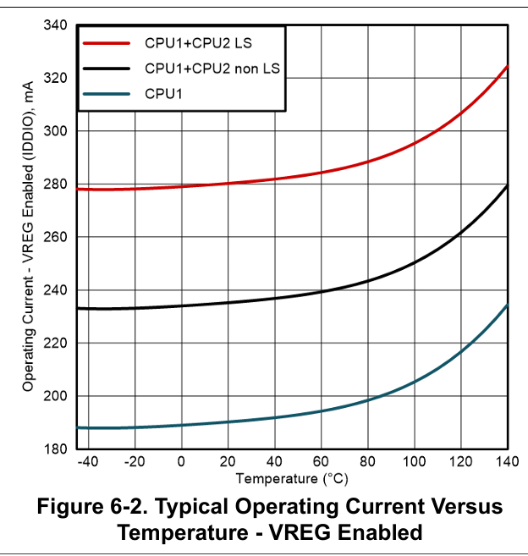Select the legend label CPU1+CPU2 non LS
click(212, 68)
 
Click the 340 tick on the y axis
click(57, 25)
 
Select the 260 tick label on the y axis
click(57, 237)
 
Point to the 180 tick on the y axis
click(57, 449)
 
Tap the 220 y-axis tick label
click(57, 343)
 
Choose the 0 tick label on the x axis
click(181, 461)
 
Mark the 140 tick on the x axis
click(508, 461)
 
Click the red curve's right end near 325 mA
click(506, 67)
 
